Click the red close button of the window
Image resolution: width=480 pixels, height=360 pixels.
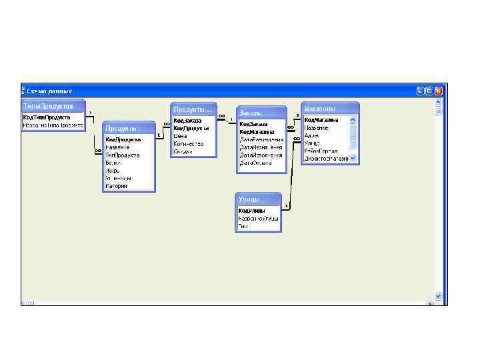coord(439,90)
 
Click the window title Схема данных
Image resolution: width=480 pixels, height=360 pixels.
coord(49,91)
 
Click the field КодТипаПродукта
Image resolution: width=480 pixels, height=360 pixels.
coord(47,117)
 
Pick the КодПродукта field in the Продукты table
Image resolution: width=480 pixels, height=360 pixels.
coord(123,139)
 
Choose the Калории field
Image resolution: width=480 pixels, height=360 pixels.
coord(116,186)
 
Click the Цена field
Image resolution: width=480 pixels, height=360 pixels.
coord(181,135)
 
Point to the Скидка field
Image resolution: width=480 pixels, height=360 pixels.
coord(183,151)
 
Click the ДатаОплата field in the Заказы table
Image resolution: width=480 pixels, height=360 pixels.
coord(256,163)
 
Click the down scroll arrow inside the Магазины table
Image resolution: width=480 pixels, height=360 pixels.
coord(353,158)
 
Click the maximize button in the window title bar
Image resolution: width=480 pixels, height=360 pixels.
coord(429,90)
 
